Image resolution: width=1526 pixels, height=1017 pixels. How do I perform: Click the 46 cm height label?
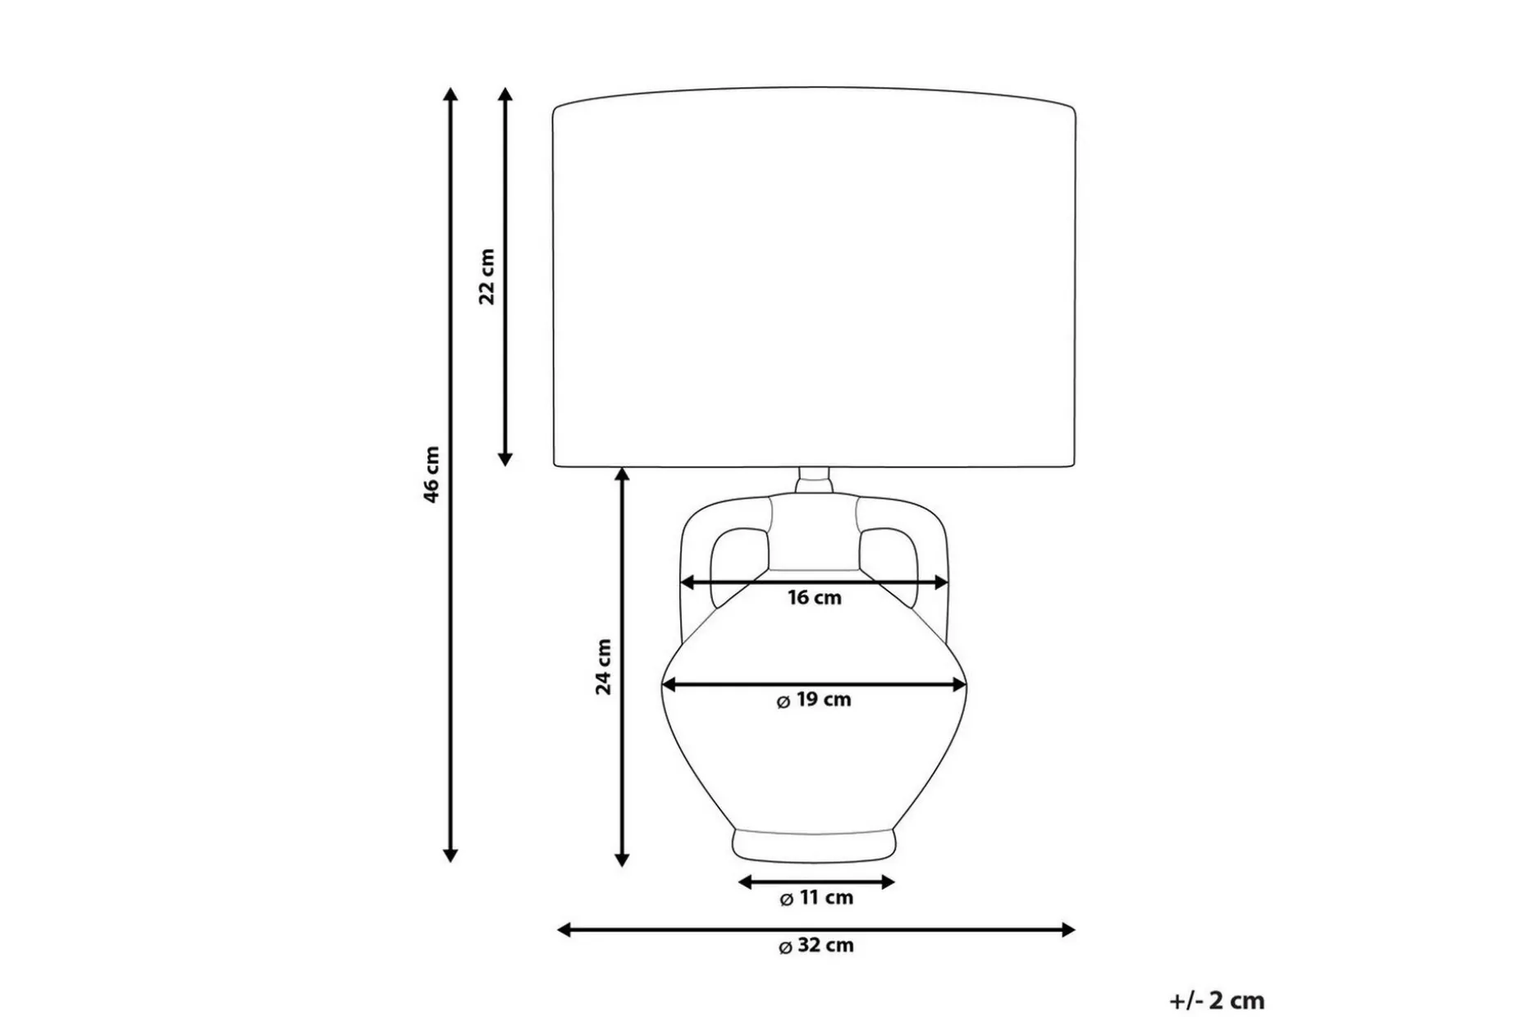point(432,475)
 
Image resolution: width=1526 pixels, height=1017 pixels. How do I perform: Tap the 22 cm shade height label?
point(487,276)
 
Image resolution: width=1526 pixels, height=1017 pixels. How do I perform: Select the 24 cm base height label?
point(604,667)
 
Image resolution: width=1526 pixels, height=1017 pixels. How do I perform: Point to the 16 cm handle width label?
point(815,598)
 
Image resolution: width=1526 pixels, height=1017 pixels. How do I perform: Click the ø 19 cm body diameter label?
point(814,700)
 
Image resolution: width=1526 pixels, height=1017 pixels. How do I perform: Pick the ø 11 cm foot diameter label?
point(816,898)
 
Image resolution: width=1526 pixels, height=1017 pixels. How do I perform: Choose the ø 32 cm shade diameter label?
point(816,946)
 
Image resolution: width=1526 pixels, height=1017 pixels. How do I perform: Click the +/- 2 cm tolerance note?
point(1217,1001)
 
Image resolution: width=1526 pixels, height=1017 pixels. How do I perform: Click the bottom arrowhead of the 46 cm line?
point(450,855)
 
